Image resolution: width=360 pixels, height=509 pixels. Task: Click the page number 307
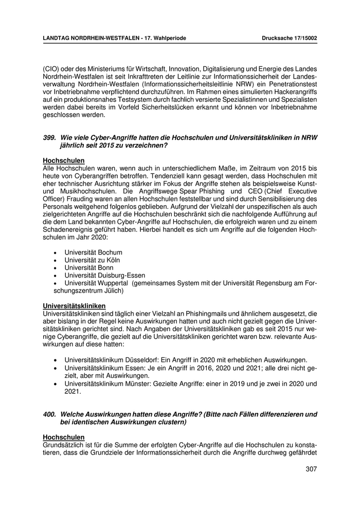[x=310, y=469]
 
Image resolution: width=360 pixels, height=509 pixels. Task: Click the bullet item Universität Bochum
[x=93, y=252]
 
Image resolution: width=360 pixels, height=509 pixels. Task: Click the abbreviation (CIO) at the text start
[x=51, y=69]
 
